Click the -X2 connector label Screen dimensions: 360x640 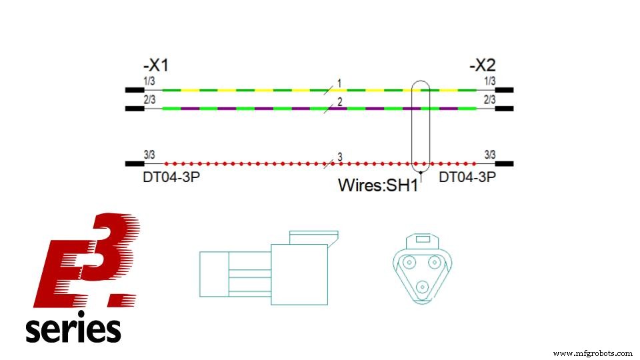tap(483, 66)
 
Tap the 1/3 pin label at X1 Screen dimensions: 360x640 tap(149, 81)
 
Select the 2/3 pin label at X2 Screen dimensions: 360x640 tap(489, 99)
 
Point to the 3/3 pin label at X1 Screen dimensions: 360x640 tap(149, 155)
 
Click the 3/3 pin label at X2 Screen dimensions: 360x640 tap(489, 155)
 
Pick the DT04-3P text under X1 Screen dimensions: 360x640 tap(167, 178)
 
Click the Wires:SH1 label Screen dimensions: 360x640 tap(377, 185)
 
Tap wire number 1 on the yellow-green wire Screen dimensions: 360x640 tap(339, 83)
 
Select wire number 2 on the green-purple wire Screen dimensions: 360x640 tap(339, 101)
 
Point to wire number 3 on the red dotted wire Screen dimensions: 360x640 tap(339, 157)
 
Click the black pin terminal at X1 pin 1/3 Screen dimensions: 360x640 tap(134, 89)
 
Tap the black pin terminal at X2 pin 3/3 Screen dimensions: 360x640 tap(503, 163)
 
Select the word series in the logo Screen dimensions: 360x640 tap(73, 329)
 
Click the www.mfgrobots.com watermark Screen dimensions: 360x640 tap(593, 353)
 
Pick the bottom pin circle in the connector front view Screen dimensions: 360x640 tap(422, 287)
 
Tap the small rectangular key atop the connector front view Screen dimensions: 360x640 tap(422, 238)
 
